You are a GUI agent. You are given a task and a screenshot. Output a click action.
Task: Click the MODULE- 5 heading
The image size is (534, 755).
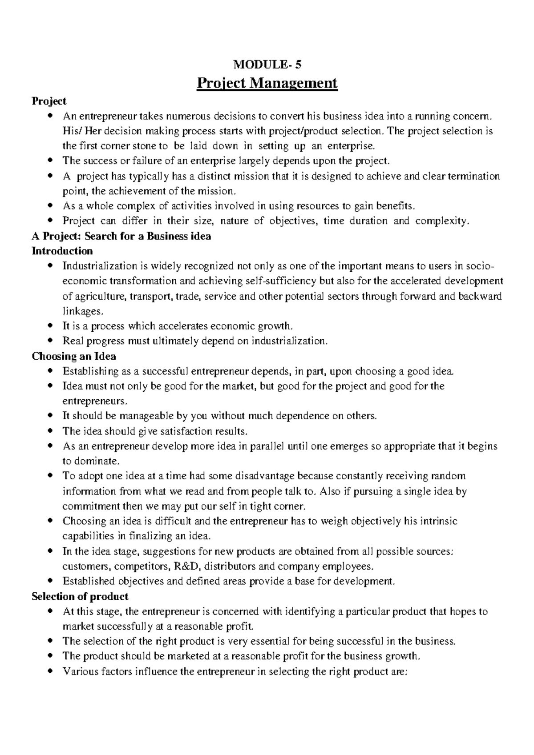pos(267,65)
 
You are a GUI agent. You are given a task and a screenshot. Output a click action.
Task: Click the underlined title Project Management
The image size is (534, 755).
pos(267,83)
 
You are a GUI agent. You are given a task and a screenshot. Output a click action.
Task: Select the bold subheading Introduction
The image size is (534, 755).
pos(62,251)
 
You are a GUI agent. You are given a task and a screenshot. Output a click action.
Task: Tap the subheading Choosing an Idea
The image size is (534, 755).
pos(74,356)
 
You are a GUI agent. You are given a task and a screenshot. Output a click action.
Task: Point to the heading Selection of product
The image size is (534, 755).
pos(80,596)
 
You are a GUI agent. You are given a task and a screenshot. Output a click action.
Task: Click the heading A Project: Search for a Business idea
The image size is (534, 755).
pos(121,236)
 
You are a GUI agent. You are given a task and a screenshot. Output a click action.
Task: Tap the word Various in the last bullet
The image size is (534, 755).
pos(79,671)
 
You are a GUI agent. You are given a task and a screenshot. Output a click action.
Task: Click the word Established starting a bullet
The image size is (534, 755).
pos(89,581)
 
